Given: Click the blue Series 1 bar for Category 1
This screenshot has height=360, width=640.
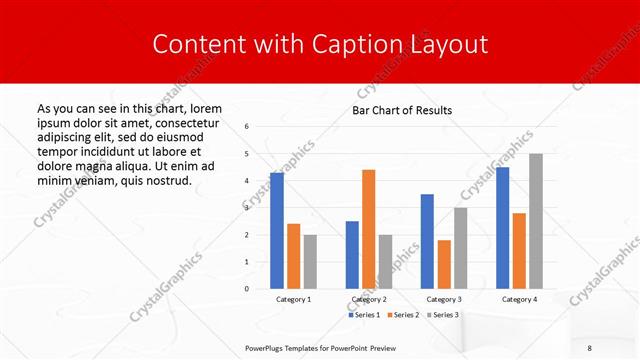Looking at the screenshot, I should [x=277, y=231].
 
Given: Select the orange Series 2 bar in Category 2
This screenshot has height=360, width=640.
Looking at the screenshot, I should [x=368, y=229].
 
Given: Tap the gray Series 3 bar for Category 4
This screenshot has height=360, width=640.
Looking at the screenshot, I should [x=536, y=221].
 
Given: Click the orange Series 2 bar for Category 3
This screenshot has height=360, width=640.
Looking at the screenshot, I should [x=444, y=264].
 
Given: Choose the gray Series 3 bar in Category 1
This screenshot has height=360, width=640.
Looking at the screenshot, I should [x=310, y=262].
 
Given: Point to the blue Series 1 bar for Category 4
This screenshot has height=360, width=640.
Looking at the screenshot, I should [x=502, y=228].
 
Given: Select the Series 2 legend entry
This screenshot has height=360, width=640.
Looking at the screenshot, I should [x=404, y=315].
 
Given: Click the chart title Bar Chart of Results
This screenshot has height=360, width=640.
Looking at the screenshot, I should [x=402, y=110].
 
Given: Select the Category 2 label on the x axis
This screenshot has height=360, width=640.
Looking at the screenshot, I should [x=368, y=299].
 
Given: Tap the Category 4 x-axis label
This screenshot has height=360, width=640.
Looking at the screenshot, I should [x=519, y=299].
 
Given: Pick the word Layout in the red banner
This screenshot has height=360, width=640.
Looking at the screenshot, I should [x=448, y=45].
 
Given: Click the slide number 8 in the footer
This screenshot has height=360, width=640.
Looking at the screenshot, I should [x=591, y=346].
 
